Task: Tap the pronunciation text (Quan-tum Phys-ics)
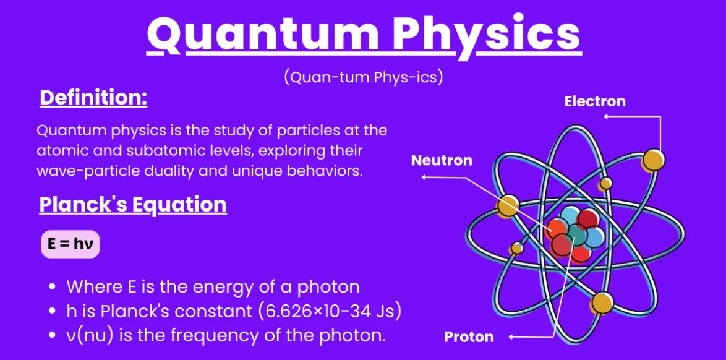(364, 77)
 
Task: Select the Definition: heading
(93, 99)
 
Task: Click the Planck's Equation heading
(134, 204)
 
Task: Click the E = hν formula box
(70, 244)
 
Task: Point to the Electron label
(595, 101)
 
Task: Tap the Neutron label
(442, 161)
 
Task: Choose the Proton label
(469, 337)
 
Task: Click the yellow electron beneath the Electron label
(653, 160)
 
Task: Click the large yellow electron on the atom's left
(508, 206)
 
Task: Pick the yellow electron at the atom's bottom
(602, 303)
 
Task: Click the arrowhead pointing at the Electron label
(605, 116)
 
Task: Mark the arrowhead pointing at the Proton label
(511, 337)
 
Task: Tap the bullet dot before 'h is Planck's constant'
(54, 312)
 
